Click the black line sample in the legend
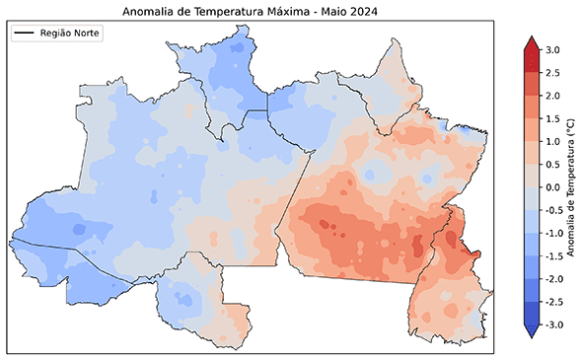pos(25,34)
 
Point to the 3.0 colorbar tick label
pos(553,49)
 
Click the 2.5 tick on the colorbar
pos(553,72)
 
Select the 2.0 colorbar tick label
pos(553,96)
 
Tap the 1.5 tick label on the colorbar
pos(553,118)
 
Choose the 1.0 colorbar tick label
pos(553,141)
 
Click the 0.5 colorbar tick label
pos(553,164)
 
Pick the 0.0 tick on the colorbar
pos(553,187)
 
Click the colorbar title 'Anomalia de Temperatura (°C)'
pos(574,187)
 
